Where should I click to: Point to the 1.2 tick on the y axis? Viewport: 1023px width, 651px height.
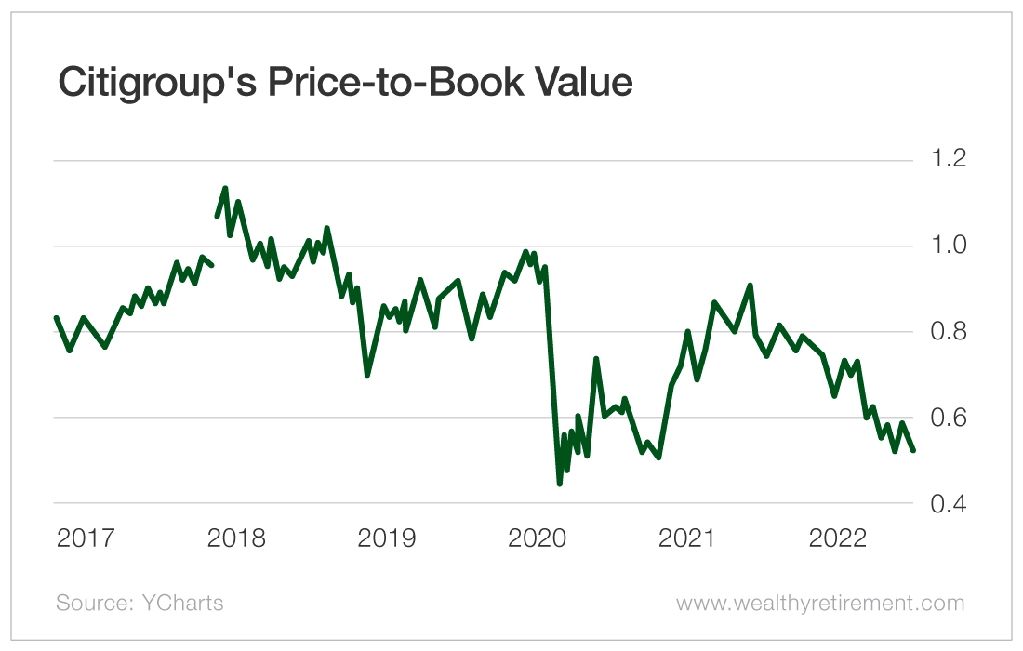pos(943,159)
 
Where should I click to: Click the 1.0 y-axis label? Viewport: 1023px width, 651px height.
pos(943,246)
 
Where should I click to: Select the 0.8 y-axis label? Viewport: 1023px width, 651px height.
pos(943,332)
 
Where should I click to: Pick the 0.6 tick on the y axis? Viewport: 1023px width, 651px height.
pos(943,418)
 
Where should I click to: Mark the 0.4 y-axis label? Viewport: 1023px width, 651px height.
pos(943,504)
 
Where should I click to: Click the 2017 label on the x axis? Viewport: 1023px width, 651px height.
pos(86,538)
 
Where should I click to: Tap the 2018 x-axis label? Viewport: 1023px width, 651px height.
pos(237,538)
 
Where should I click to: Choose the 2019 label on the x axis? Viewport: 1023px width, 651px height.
pos(388,538)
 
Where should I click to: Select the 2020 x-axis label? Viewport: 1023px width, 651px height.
pos(538,538)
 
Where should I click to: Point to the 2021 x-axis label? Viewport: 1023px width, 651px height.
pos(689,538)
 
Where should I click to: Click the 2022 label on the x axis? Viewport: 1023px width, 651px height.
pos(840,538)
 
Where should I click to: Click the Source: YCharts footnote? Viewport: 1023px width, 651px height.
pos(139,603)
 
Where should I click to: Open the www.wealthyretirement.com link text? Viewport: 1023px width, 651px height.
pos(820,603)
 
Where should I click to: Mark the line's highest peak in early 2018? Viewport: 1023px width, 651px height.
pos(225,188)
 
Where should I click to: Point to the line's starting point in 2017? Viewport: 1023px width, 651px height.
pos(56,317)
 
